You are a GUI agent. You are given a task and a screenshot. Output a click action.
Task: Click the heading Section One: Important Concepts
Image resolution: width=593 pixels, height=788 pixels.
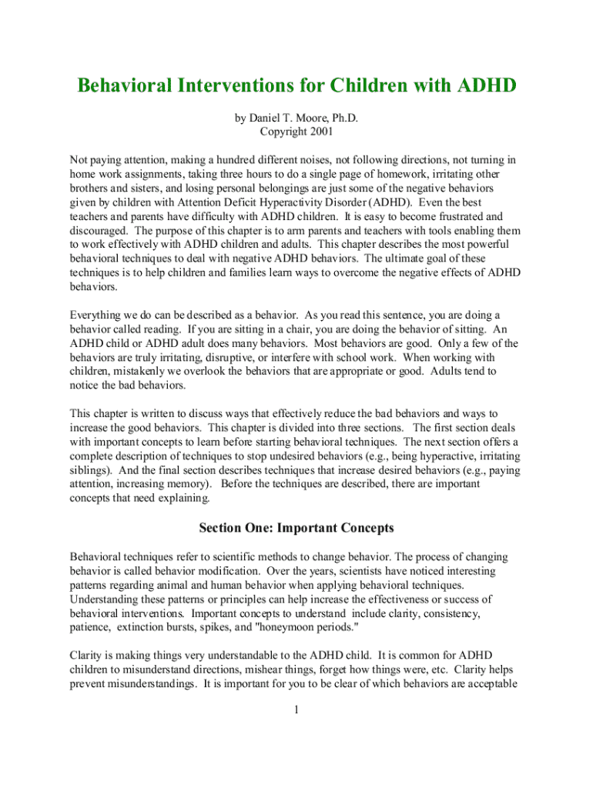(x=296, y=529)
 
